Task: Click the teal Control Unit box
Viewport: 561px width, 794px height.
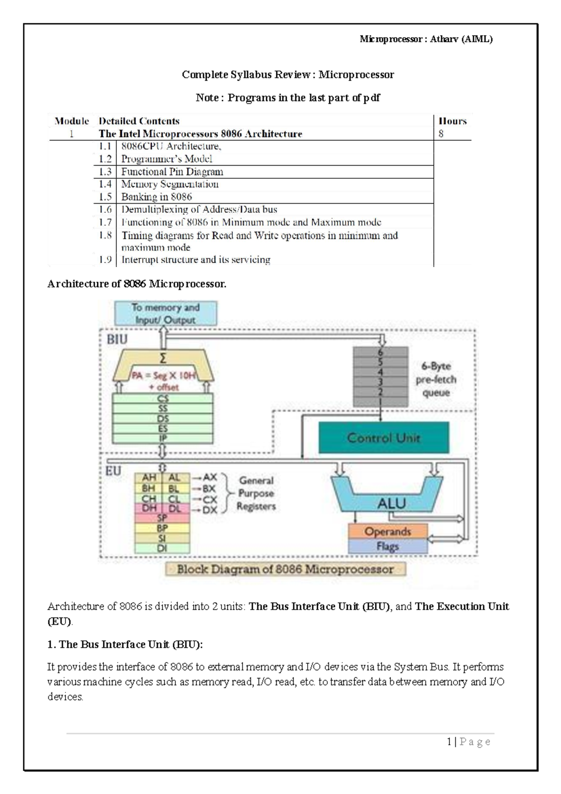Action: click(384, 437)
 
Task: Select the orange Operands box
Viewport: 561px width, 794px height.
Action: click(388, 531)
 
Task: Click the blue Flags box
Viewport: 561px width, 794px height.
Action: click(388, 546)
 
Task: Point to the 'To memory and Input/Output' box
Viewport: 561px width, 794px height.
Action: click(165, 313)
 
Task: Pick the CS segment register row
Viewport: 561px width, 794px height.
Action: click(163, 398)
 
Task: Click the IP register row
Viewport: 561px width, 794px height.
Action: click(163, 439)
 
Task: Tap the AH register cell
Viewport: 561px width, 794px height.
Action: click(149, 478)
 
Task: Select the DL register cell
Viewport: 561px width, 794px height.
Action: click(176, 508)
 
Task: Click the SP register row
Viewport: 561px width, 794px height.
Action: click(162, 518)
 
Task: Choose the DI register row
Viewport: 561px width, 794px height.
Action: click(162, 548)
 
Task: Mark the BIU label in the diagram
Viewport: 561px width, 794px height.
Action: click(117, 339)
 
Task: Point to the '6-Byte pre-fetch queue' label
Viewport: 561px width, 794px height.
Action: click(436, 379)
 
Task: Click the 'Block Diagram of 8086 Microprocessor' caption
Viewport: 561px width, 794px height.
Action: click(285, 569)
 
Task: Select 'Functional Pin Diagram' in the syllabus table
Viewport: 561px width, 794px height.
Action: click(172, 171)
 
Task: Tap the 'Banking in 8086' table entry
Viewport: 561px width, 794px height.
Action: click(157, 197)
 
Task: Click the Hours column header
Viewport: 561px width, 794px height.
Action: click(453, 121)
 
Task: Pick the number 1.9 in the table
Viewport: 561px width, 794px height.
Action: click(105, 259)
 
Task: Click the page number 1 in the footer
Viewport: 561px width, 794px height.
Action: click(449, 742)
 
